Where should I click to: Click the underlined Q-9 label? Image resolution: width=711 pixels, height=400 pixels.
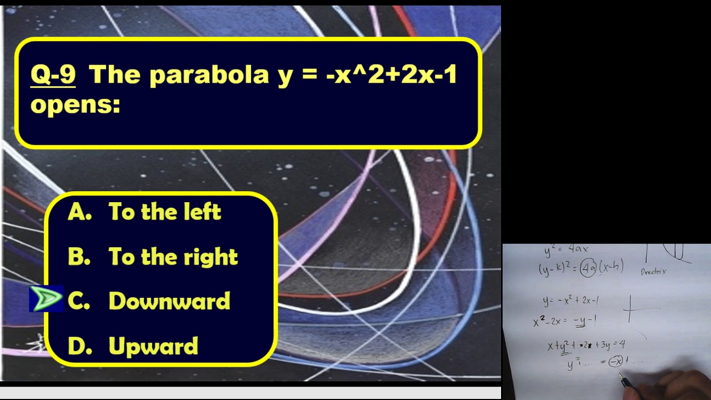(53, 74)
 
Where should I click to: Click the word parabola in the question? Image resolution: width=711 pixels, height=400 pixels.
(209, 74)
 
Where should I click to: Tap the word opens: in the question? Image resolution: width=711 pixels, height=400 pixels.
(75, 104)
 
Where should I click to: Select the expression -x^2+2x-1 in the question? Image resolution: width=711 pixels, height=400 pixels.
(391, 74)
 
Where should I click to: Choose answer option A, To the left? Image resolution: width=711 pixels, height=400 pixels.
(144, 212)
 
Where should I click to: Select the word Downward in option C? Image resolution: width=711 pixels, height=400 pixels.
(169, 301)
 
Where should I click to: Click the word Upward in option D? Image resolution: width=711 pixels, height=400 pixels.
(153, 346)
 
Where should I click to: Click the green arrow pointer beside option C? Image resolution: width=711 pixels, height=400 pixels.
(46, 299)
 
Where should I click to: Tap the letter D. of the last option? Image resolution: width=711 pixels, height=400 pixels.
(79, 346)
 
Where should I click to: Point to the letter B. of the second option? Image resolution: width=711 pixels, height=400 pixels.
(79, 257)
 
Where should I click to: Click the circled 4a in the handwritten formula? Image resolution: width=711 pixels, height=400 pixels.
(587, 269)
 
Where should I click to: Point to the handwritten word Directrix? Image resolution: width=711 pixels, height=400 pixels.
(653, 272)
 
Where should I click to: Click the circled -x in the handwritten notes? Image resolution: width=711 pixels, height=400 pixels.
(615, 362)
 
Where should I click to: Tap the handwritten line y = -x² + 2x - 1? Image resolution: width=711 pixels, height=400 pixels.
(570, 301)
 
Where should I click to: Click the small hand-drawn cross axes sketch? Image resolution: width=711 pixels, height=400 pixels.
(630, 308)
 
